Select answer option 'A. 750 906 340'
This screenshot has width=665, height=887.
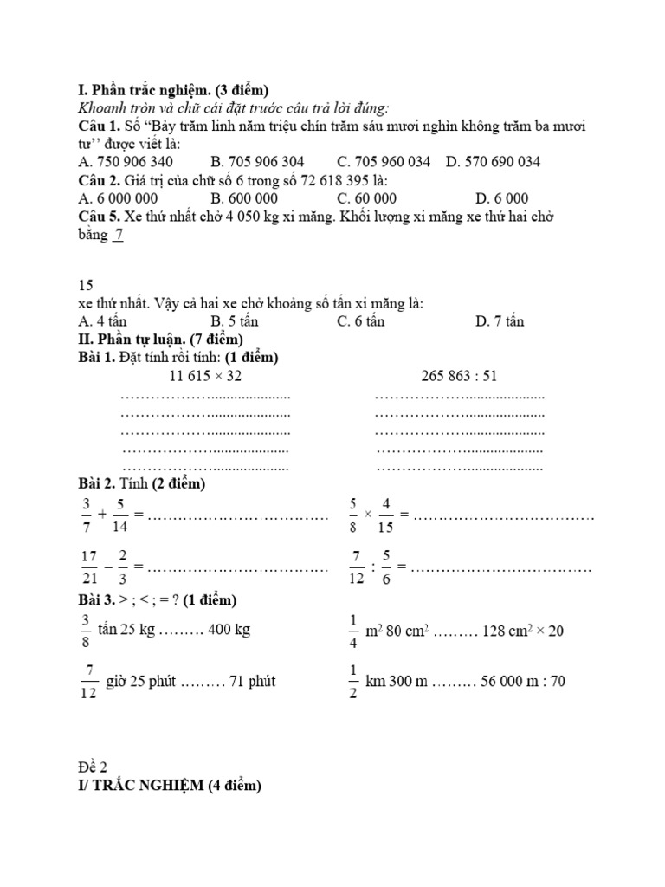tap(126, 162)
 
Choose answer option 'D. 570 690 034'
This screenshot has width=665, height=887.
tap(494, 162)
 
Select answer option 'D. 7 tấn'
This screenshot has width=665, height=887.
tap(500, 321)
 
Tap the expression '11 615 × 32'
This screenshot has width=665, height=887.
tap(207, 376)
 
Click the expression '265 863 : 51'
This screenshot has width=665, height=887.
tap(460, 376)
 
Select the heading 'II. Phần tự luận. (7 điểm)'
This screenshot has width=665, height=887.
tap(160, 339)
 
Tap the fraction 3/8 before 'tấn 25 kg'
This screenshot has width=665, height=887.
tap(85, 630)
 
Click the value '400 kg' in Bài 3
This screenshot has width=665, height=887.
tap(229, 630)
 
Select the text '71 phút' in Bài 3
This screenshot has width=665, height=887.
tap(252, 682)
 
